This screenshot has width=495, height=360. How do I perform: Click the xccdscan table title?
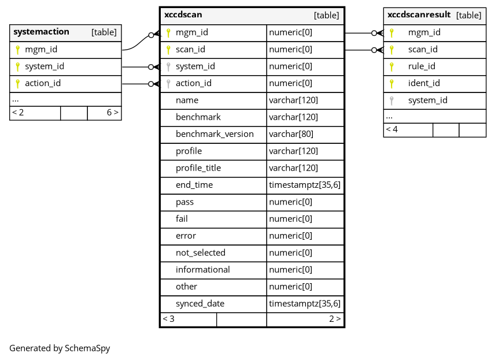coord(183,15)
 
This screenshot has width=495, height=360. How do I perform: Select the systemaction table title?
coord(41,32)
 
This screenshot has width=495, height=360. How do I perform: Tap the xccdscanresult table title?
coord(419,15)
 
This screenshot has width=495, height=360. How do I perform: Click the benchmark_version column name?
coord(215,134)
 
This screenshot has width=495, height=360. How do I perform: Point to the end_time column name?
coord(194,185)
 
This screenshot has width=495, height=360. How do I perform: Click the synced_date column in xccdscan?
coord(200,303)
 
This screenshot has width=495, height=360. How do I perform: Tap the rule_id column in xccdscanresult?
coord(422,66)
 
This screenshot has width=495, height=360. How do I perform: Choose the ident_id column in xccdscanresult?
coord(424,83)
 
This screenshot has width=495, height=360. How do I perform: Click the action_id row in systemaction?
coord(43,83)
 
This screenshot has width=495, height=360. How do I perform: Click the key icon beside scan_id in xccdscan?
coord(168,50)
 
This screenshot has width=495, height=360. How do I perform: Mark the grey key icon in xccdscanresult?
coord(391,101)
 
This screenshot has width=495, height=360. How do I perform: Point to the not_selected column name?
coord(201,253)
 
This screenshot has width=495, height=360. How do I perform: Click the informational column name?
coord(202,269)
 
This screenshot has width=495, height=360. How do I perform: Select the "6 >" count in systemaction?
coord(112,113)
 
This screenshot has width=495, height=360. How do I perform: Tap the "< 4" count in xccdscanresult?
coord(392,129)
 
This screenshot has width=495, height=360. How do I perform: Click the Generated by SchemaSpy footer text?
coord(60,348)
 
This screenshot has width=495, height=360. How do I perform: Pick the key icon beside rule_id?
coord(391,66)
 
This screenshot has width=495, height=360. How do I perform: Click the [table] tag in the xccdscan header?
coord(326,16)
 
